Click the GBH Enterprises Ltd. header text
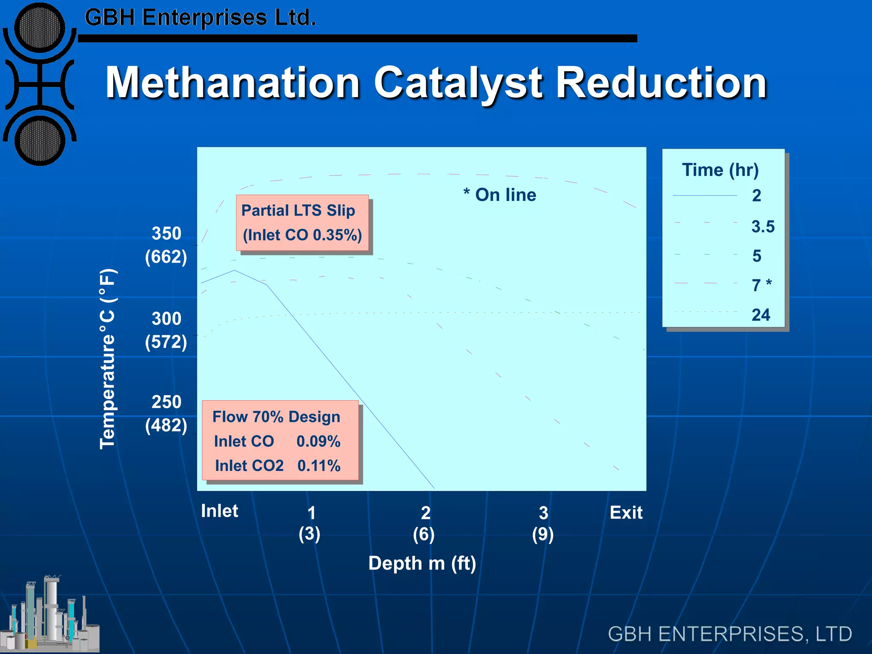tap(200, 18)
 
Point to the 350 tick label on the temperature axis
tap(166, 233)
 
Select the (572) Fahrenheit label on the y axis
tap(166, 342)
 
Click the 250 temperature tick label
tap(166, 402)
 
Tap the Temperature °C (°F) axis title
tap(108, 359)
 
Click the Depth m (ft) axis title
tap(422, 563)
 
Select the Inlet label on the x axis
tap(219, 511)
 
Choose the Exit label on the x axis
tap(626, 513)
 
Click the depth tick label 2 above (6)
tap(425, 513)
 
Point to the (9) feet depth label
tap(543, 534)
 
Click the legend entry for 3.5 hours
tap(763, 227)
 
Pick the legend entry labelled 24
tap(761, 315)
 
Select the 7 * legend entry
tap(761, 285)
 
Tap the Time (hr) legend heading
tap(720, 170)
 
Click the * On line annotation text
tap(500, 195)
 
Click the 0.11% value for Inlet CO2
tap(319, 466)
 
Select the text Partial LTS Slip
tap(298, 210)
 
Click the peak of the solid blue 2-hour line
tap(235, 270)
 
